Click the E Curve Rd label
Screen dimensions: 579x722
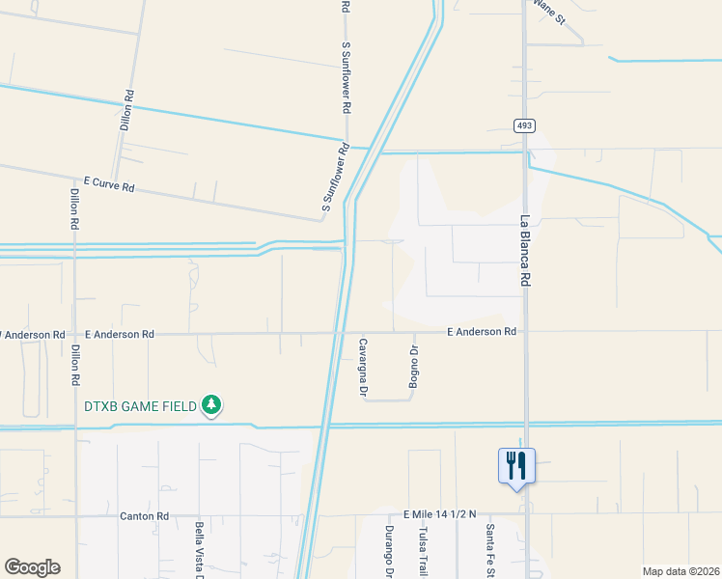point(108,183)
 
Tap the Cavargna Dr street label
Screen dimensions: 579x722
point(364,368)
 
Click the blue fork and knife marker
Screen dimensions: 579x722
point(516,466)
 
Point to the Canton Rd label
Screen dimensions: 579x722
point(145,516)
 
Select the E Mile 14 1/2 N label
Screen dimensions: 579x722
point(440,515)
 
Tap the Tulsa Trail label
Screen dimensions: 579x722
point(422,549)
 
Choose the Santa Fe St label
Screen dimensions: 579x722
point(490,549)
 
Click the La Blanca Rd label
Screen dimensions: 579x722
point(527,250)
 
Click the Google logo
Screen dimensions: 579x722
point(32,567)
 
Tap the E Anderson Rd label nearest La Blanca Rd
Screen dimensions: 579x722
point(482,331)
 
